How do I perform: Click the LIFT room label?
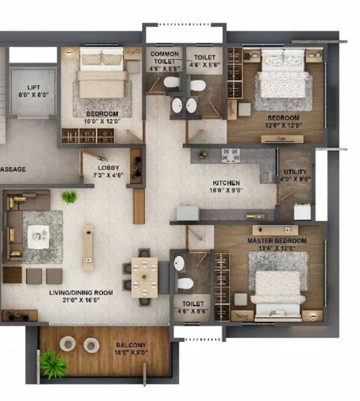point(33,88)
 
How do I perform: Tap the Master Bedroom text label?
point(277,241)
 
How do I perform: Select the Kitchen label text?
point(226,182)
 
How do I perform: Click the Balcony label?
point(131,345)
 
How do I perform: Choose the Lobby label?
point(108,168)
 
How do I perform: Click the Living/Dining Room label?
point(80,293)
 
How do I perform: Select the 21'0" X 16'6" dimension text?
point(80,301)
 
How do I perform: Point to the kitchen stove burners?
point(230,155)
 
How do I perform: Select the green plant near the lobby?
point(69,196)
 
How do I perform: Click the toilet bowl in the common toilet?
point(172,83)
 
